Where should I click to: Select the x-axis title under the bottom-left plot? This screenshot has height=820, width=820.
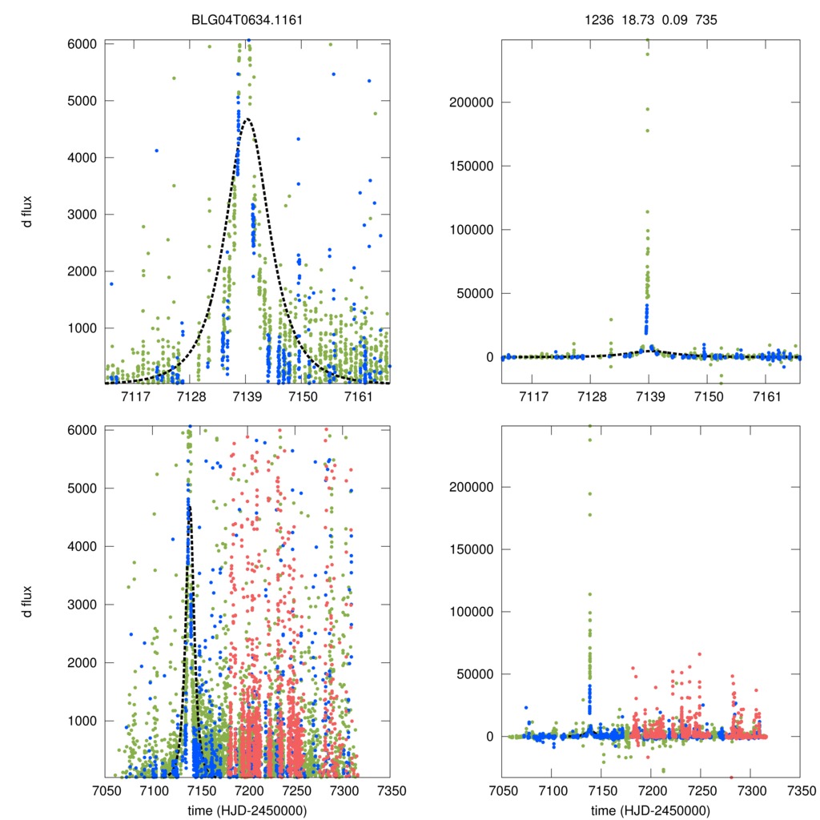(x=246, y=810)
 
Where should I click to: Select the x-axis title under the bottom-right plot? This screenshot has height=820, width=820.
(x=649, y=810)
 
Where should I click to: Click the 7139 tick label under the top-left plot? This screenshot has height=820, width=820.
(x=247, y=396)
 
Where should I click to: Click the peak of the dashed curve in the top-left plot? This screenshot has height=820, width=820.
(x=247, y=119)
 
